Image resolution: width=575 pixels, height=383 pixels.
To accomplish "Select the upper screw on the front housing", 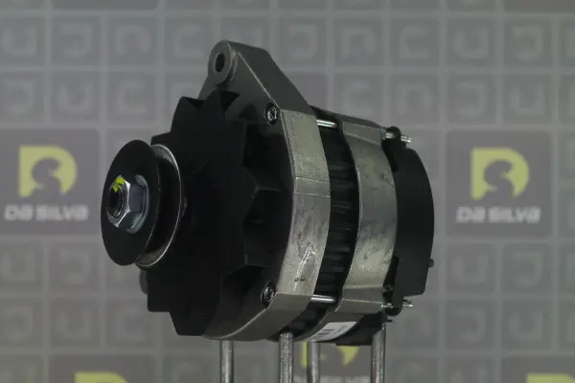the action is [271, 113].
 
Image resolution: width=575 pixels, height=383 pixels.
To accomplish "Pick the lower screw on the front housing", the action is [267, 292].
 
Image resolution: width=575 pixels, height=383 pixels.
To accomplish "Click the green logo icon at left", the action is [48, 171].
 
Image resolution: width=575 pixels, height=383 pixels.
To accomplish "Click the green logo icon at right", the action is [499, 173].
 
